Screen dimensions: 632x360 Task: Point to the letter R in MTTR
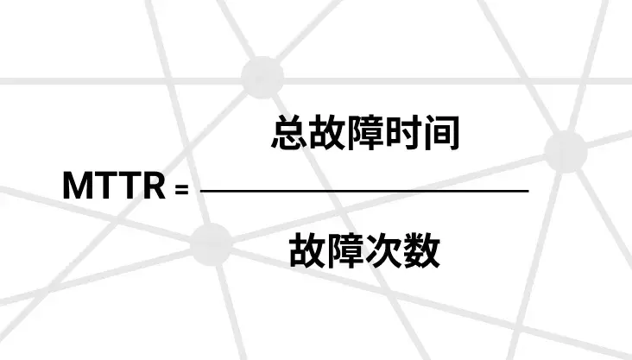pos(153,185)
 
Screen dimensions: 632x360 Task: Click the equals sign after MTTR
pos(182,189)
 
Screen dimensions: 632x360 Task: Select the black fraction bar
pos(364,190)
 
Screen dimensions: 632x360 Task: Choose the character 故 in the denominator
pos(307,250)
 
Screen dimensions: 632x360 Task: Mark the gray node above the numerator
pos(262,78)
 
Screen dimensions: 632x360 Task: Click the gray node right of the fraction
pos(566,151)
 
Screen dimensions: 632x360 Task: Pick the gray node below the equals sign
pos(212,244)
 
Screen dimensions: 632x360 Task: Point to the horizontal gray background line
pos(316,81)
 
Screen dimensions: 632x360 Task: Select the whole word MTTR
pos(115,185)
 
